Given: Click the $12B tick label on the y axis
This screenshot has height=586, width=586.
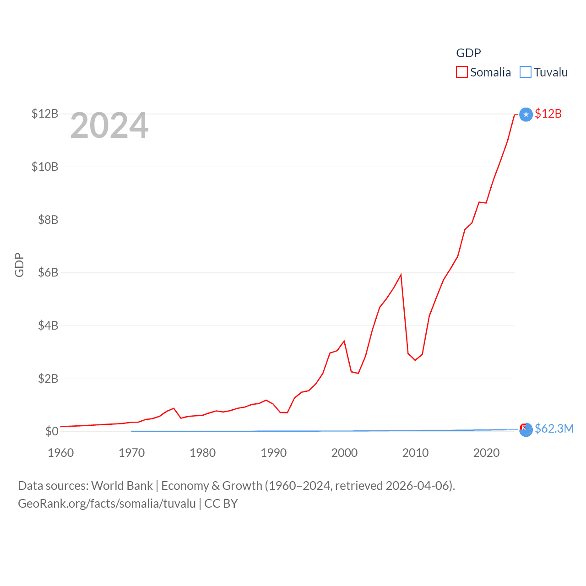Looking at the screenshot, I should click(45, 114).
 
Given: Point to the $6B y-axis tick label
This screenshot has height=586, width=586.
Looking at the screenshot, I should click(48, 273).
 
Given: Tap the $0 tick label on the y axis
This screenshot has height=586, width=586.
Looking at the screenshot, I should click(52, 431).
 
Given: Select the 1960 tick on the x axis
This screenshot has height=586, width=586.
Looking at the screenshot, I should click(61, 453).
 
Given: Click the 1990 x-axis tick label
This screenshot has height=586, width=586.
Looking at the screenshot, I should click(273, 453).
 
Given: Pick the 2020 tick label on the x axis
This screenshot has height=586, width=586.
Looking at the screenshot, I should click(486, 453).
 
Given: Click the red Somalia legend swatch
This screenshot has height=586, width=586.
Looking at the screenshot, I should click(462, 72).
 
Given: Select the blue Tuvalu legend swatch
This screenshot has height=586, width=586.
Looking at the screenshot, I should click(526, 72).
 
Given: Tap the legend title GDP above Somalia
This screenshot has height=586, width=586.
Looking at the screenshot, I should click(468, 53).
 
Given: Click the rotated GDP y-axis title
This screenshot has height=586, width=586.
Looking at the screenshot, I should click(19, 265).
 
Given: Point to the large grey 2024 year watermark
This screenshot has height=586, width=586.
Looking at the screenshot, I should click(109, 125).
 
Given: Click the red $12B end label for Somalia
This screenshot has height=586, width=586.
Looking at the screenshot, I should click(548, 114).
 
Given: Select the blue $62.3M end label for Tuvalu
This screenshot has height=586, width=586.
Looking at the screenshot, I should click(554, 429).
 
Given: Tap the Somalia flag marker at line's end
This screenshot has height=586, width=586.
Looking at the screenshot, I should click(526, 114).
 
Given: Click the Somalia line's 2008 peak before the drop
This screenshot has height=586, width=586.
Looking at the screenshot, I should click(401, 275).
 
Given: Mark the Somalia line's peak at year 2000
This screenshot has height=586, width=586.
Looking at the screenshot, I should click(344, 341).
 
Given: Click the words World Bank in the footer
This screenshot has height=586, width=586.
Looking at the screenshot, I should click(122, 486).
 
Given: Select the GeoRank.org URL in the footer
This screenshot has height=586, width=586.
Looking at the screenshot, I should click(107, 504).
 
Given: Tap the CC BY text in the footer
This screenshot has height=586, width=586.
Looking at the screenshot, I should click(221, 504).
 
